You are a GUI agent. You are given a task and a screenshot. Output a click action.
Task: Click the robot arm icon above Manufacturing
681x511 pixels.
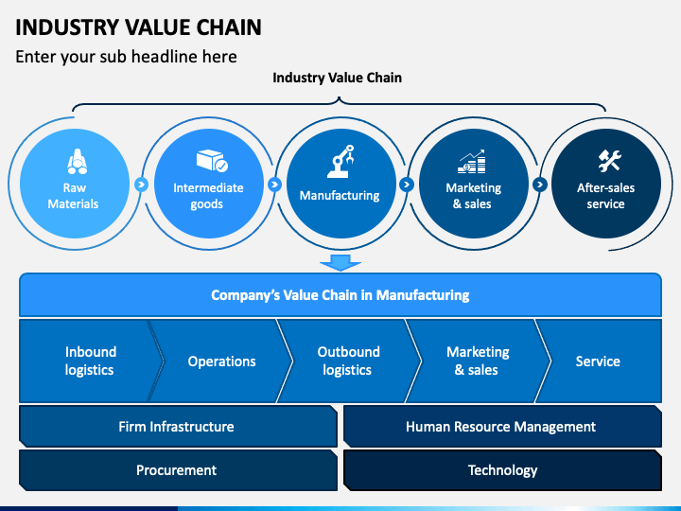pyautogui.click(x=340, y=161)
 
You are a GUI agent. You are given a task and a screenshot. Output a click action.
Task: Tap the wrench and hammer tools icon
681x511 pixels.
pyautogui.click(x=609, y=160)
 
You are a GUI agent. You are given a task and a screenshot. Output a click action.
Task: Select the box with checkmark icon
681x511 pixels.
pyautogui.click(x=212, y=161)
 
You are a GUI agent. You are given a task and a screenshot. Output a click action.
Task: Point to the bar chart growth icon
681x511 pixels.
pyautogui.click(x=471, y=162)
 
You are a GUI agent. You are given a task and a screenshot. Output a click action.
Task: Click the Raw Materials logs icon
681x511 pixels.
pyautogui.click(x=77, y=161)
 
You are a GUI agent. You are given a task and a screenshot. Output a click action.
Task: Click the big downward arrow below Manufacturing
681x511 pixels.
pyautogui.click(x=340, y=262)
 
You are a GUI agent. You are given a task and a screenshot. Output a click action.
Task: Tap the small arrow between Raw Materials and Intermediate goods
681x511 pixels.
pyautogui.click(x=141, y=185)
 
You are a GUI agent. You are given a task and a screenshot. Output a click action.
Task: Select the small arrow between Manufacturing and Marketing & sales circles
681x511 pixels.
pyautogui.click(x=407, y=185)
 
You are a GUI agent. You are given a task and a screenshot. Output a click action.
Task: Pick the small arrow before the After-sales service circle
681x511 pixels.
pyautogui.click(x=539, y=185)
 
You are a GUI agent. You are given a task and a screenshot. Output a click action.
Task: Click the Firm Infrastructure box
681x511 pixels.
pyautogui.click(x=178, y=426)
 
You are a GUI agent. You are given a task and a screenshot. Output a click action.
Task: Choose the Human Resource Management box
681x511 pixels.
pyautogui.click(x=502, y=426)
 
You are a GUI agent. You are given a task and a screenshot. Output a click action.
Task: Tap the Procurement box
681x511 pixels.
pyautogui.click(x=178, y=470)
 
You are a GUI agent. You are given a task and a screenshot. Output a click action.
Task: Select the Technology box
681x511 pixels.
pyautogui.click(x=502, y=470)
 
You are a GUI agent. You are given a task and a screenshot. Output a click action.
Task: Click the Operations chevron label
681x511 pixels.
pyautogui.click(x=221, y=361)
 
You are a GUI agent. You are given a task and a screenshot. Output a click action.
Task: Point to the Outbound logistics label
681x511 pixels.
pyautogui.click(x=348, y=361)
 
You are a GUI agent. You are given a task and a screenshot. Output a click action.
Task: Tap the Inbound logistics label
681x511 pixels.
pyautogui.click(x=91, y=361)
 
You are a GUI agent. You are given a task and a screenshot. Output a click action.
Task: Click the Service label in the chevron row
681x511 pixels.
pyautogui.click(x=598, y=361)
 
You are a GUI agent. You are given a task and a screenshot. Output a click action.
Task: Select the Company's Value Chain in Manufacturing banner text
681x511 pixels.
pyautogui.click(x=340, y=295)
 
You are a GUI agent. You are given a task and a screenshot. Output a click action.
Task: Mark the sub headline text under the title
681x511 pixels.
pyautogui.click(x=126, y=57)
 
